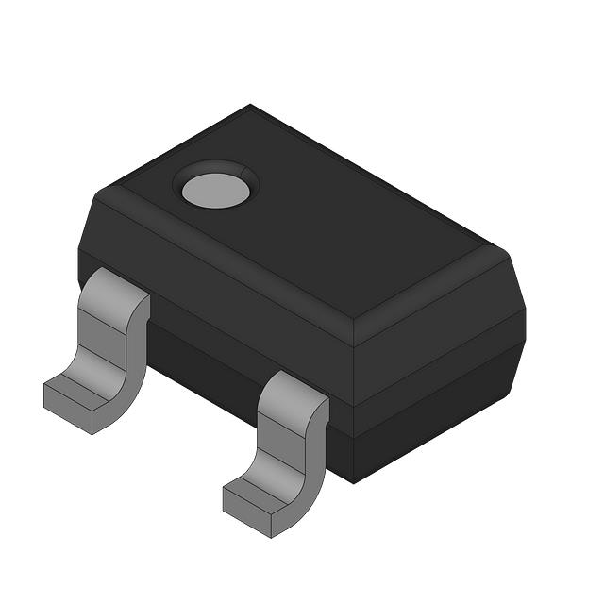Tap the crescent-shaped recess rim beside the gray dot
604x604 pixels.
click(248, 175)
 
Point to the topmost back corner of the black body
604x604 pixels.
click(250, 105)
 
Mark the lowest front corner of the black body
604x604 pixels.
click(353, 482)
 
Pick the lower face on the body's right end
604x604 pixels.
click(439, 415)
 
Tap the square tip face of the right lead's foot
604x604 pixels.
click(247, 510)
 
